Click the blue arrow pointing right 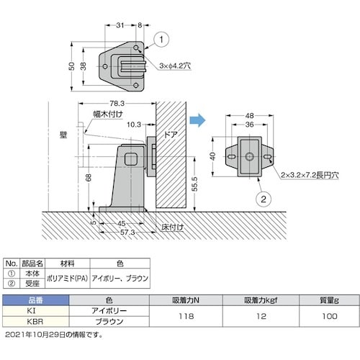[197, 120]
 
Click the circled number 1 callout [161, 40]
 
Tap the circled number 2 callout [264, 199]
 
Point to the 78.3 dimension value [117, 104]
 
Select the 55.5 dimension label [195, 184]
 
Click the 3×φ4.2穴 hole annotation [175, 66]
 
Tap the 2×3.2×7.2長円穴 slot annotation [310, 175]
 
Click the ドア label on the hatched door [171, 135]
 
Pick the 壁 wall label [63, 135]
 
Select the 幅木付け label [108, 114]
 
